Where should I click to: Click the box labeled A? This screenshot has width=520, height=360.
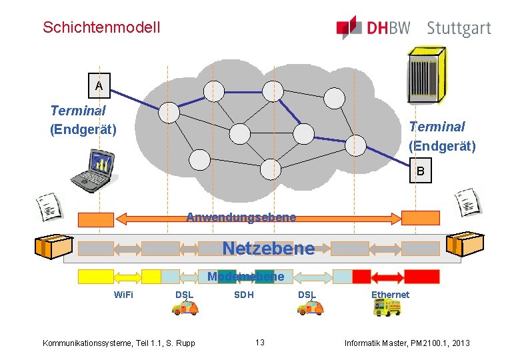point(99,85)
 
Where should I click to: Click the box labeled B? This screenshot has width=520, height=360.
point(420,171)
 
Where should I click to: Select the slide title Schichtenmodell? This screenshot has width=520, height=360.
point(101,27)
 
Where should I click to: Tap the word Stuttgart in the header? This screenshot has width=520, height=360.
point(459,29)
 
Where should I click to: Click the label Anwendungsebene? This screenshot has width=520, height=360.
point(241,217)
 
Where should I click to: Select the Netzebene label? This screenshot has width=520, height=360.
point(268,249)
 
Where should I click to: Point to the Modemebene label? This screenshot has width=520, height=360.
point(245,277)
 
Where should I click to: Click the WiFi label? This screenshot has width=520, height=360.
point(123,295)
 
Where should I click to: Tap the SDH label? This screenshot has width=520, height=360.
point(243,295)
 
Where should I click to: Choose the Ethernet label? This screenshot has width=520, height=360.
point(390,295)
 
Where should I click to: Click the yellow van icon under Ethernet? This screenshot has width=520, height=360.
point(387,307)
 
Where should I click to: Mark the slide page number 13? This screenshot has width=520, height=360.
point(260,343)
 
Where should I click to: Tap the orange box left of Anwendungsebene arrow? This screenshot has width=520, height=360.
point(96,219)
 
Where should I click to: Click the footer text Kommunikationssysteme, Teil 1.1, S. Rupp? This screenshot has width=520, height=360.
point(119,343)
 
